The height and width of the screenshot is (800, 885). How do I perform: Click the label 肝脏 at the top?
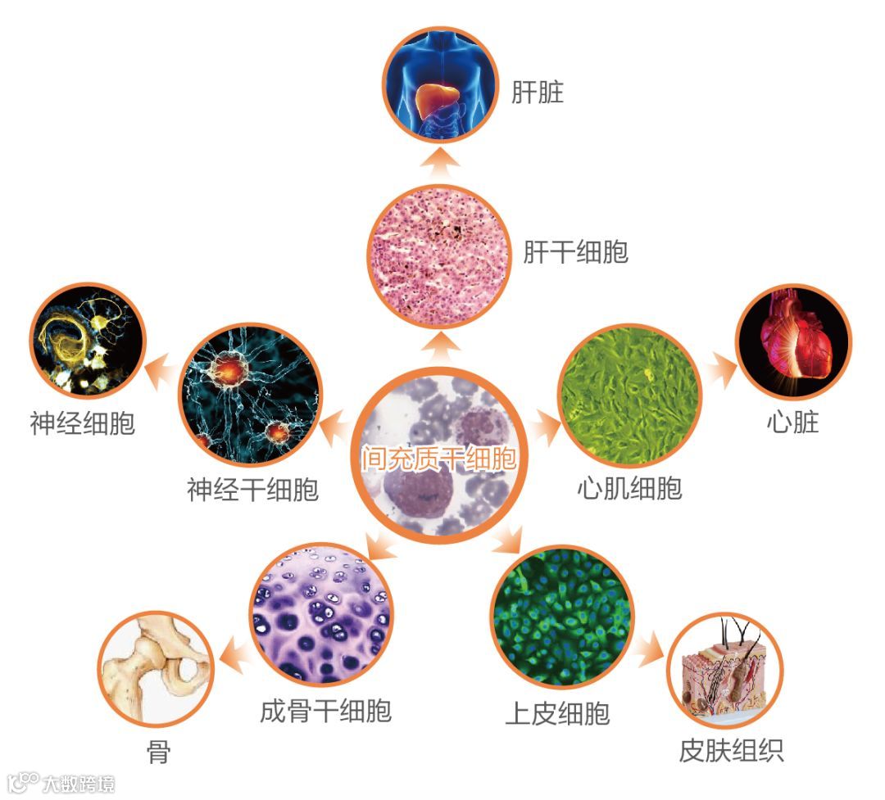[x=538, y=92]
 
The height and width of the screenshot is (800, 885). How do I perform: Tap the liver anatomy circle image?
[x=442, y=84]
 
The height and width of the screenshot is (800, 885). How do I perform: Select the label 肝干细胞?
[x=575, y=251]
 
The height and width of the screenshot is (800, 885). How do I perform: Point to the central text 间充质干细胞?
[x=440, y=458]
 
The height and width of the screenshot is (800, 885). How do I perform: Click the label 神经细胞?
[x=82, y=423]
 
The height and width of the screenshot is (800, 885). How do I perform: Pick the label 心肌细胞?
[x=629, y=488]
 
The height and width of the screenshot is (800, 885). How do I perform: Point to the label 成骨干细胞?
[x=325, y=709]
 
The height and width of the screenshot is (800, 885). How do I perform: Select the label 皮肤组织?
[x=731, y=750]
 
